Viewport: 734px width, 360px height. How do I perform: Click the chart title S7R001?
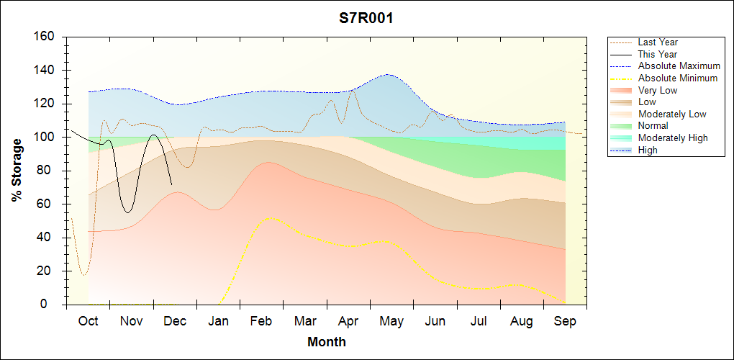[x=366, y=19]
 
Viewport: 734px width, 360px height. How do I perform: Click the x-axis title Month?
[x=327, y=342]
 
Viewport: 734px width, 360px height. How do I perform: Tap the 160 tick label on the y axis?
[x=45, y=37]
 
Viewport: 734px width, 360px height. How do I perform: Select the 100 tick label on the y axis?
[x=45, y=137]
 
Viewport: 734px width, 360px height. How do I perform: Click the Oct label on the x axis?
[x=89, y=321]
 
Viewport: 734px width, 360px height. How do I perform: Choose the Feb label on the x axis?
[x=262, y=321]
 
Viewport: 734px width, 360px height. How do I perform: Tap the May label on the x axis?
[x=391, y=321]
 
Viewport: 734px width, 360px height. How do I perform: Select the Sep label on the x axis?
[x=565, y=321]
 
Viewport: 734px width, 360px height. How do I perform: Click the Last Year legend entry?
[x=658, y=42]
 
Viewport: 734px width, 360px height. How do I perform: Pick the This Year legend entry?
[x=658, y=54]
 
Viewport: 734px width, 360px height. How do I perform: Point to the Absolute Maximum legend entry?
[x=679, y=66]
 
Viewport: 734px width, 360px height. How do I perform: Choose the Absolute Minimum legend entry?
[x=678, y=78]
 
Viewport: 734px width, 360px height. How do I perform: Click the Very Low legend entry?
[x=658, y=90]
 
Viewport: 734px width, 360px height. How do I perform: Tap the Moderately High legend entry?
[x=673, y=138]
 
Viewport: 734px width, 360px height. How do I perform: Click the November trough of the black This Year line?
[x=127, y=212]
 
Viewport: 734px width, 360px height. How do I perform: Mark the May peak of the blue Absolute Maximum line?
[x=388, y=74]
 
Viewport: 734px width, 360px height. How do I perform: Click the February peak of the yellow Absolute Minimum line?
[x=269, y=217]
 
